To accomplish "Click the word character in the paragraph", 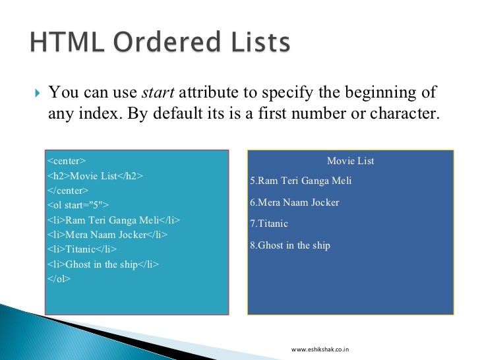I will pyautogui.click(x=406, y=113).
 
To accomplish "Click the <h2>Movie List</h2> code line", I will pyautogui.click(x=95, y=176).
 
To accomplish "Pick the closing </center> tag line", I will pyautogui.click(x=69, y=191).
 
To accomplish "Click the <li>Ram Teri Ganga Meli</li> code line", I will pyautogui.click(x=113, y=220).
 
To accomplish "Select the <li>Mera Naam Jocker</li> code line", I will pyautogui.click(x=107, y=235).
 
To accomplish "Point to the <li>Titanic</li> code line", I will pyautogui.click(x=82, y=249).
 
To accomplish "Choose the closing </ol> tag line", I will pyautogui.click(x=59, y=279).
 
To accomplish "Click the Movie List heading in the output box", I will pyautogui.click(x=350, y=161).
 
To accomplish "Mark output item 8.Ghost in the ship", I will pyautogui.click(x=290, y=245).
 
